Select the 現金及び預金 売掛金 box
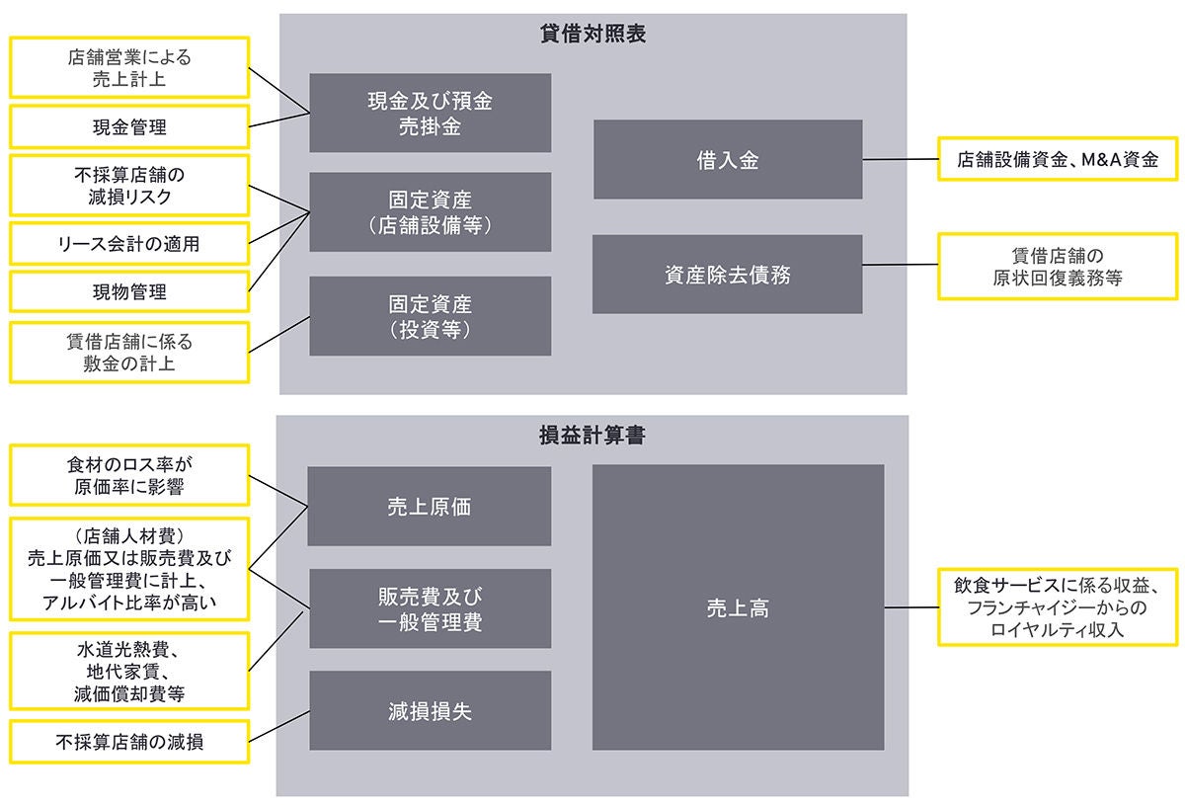(x=431, y=114)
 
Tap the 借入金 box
(x=727, y=160)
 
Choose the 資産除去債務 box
(x=727, y=275)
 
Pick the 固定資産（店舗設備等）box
(x=431, y=212)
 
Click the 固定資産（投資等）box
(x=431, y=316)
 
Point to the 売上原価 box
(x=429, y=507)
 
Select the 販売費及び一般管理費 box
(x=429, y=608)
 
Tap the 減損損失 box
(x=429, y=711)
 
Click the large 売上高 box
(x=738, y=608)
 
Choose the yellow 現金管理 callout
(x=128, y=127)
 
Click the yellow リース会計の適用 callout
(x=128, y=243)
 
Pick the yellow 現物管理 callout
(x=128, y=291)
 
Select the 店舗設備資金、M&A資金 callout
(x=1058, y=158)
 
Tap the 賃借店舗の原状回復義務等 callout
(x=1058, y=266)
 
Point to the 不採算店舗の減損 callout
(x=128, y=741)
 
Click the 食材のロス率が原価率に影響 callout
(x=128, y=474)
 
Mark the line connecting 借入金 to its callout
(x=900, y=159)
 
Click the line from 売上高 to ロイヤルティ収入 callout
(x=910, y=607)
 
